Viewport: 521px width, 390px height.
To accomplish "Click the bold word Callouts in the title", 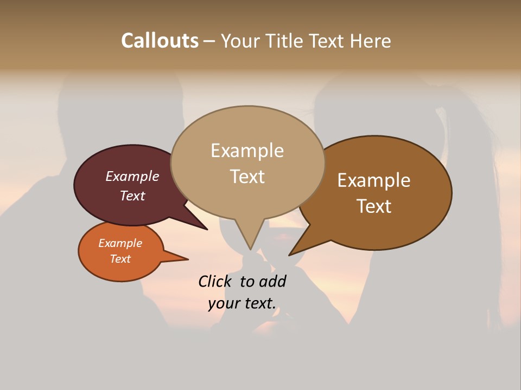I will (160, 41).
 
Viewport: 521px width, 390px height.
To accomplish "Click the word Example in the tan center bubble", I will (247, 151).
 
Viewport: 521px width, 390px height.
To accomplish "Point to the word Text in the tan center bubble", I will (247, 177).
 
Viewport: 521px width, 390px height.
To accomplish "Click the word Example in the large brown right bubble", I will (374, 180).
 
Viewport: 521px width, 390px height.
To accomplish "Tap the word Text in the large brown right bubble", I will (374, 206).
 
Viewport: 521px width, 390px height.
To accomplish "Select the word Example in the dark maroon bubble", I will (132, 177).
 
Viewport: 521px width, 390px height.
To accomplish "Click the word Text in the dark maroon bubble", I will (132, 196).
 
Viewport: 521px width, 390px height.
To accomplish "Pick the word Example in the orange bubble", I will (120, 243).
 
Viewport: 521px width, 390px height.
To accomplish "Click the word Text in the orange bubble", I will (120, 259).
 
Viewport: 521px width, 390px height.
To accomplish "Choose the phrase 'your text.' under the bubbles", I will (242, 303).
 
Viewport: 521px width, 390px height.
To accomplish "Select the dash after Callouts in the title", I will (209, 41).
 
